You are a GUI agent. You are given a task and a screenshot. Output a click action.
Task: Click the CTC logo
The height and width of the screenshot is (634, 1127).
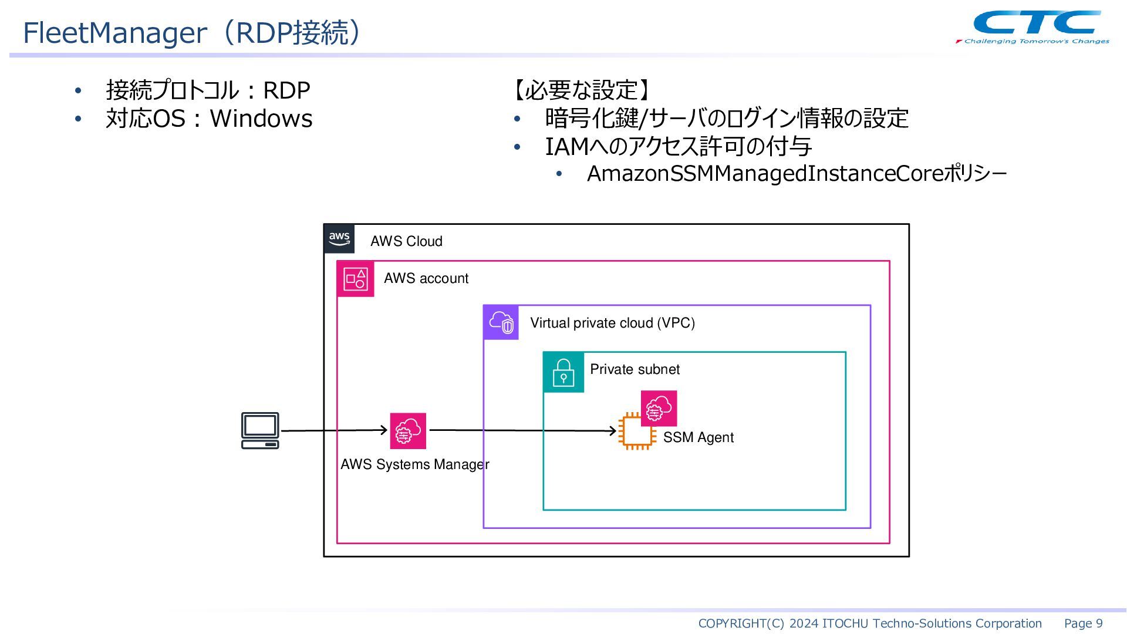point(1032,27)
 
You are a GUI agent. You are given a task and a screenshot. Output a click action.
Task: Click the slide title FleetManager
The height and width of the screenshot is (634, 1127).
point(115,32)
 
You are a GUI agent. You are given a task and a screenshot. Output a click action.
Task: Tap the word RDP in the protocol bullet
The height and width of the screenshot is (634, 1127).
point(286,90)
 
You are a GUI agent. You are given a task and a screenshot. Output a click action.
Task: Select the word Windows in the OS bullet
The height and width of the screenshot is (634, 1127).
point(261,119)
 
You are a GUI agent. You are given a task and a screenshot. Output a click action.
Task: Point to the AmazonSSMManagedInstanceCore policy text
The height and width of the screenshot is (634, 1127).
point(797,174)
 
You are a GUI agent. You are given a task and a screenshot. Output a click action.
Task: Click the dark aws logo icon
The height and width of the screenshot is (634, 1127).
point(339,239)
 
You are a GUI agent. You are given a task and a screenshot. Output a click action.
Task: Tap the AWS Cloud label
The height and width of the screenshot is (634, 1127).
point(406,241)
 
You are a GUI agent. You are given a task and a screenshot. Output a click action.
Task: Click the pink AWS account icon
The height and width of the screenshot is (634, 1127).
point(356,279)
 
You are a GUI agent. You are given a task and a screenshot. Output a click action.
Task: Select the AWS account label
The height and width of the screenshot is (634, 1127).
point(426,278)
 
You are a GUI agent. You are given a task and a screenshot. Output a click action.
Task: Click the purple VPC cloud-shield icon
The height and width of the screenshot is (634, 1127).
point(501,322)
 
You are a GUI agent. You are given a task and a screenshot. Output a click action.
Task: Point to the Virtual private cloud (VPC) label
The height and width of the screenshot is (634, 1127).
point(613,323)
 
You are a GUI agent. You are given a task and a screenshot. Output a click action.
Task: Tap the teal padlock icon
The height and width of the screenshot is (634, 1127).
point(563,372)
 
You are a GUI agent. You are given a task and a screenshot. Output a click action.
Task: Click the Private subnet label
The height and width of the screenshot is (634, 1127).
point(635,369)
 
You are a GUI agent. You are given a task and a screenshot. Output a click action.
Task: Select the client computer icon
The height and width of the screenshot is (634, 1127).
point(260,431)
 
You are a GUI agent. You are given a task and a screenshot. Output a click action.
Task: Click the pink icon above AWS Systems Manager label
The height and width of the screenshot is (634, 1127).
point(408,431)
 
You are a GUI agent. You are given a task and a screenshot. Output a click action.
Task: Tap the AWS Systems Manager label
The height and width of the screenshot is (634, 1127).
point(415,464)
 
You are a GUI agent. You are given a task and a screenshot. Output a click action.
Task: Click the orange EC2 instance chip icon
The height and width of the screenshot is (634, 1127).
point(637,431)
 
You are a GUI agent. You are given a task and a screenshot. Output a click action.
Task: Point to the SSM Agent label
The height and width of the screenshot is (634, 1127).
point(699,437)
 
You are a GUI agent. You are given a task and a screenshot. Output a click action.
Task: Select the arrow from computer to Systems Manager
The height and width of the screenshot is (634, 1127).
point(335,431)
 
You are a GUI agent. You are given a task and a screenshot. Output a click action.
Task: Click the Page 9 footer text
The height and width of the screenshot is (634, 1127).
point(1084,623)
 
